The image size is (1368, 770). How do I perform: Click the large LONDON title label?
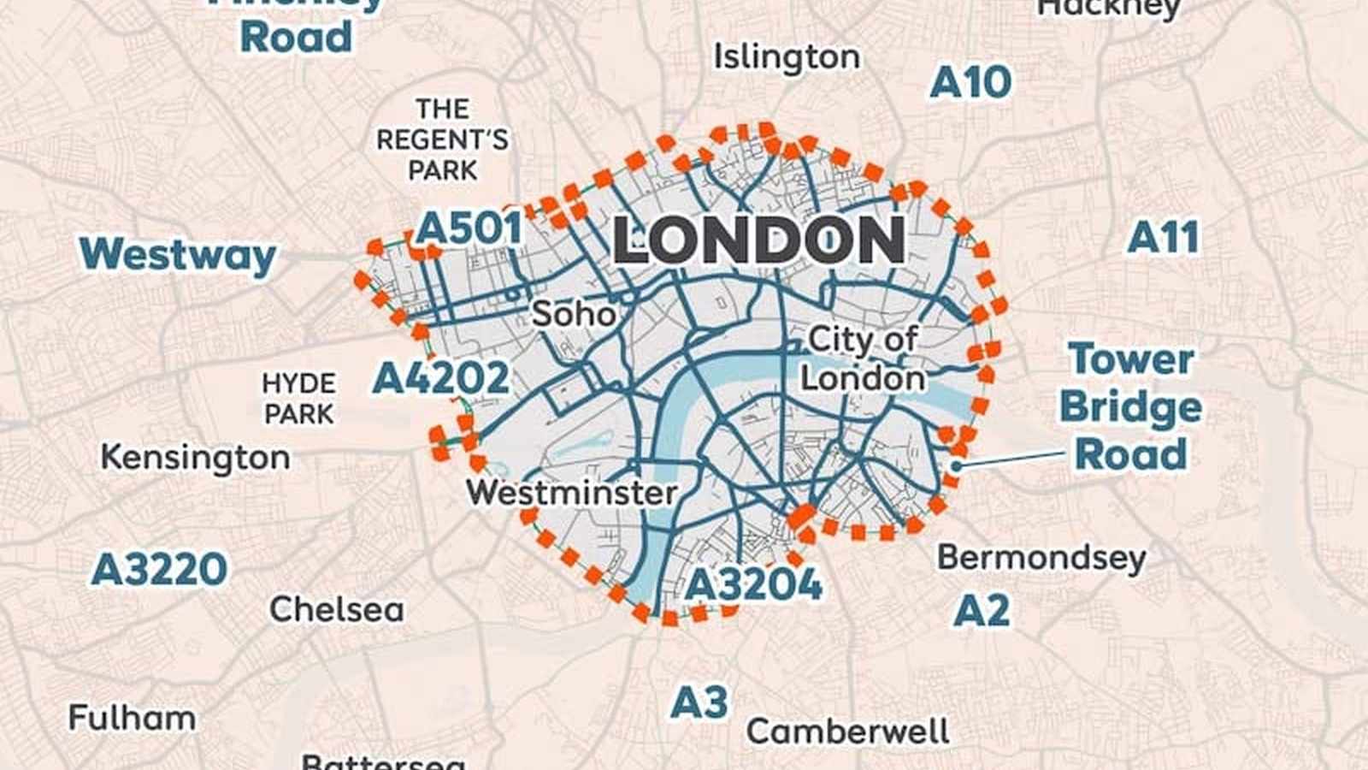tap(758, 240)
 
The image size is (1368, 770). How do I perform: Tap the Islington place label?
tap(787, 58)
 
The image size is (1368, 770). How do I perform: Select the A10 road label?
tap(970, 83)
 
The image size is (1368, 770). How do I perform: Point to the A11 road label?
tap(1163, 238)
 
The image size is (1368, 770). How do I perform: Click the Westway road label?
tap(178, 255)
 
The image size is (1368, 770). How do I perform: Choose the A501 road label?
tap(469, 228)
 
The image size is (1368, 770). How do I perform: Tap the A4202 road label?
tap(441, 378)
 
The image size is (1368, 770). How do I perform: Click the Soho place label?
tap(574, 314)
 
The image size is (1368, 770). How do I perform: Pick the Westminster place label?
tap(571, 493)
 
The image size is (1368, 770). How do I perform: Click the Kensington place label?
tap(195, 458)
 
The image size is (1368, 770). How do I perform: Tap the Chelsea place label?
tap(336, 610)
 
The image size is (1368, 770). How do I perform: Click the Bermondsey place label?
tap(1041, 558)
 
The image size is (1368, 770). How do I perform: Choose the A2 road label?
tap(981, 611)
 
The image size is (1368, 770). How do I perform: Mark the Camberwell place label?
tap(847, 731)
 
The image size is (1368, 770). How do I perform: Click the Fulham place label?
tap(132, 718)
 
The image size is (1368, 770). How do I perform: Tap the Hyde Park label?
tap(298, 398)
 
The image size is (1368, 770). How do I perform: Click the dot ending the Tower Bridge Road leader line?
tap(958, 466)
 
